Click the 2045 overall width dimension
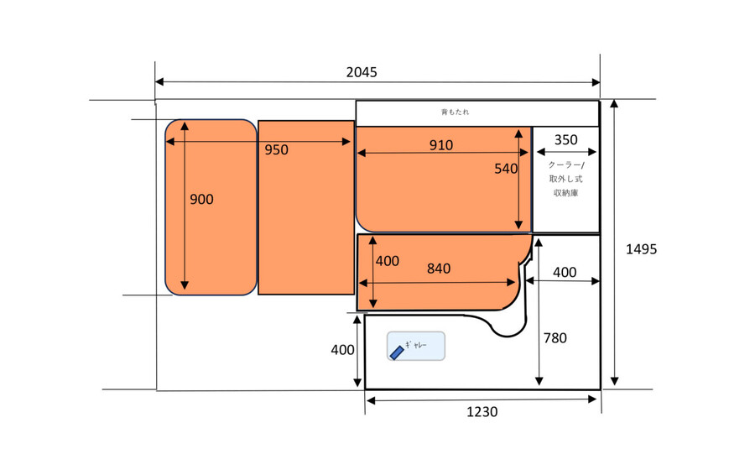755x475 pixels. point(362,72)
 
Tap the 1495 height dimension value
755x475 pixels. point(642,249)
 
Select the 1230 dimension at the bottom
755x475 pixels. point(482,412)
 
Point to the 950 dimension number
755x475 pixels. point(276,150)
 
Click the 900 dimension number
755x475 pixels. point(201,200)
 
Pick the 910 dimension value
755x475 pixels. point(441,145)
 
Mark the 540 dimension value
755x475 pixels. point(506,169)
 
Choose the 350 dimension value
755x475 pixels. point(565,139)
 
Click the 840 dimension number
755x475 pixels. point(439,269)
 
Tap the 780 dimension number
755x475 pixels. point(555,338)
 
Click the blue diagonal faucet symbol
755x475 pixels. point(397,352)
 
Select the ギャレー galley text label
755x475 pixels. point(416,345)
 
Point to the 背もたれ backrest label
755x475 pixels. point(455,112)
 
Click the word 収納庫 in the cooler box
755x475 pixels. point(565,193)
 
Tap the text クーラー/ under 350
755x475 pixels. point(566,165)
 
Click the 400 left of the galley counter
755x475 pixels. point(342,350)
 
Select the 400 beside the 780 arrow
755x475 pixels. point(565,273)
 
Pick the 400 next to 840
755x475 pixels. point(387,261)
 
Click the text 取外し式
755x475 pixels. point(565,179)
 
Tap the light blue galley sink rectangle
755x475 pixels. point(416,346)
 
